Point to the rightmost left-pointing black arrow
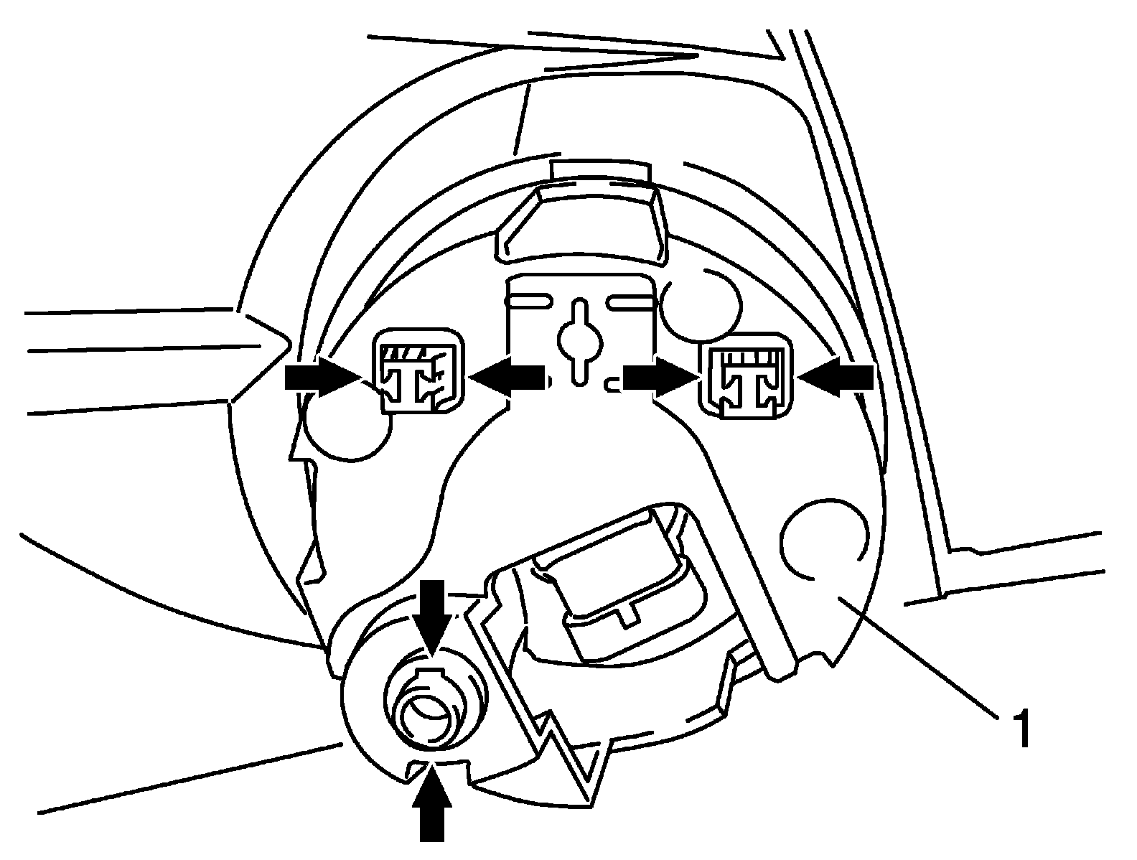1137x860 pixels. coord(836,376)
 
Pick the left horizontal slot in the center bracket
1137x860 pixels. coord(530,300)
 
